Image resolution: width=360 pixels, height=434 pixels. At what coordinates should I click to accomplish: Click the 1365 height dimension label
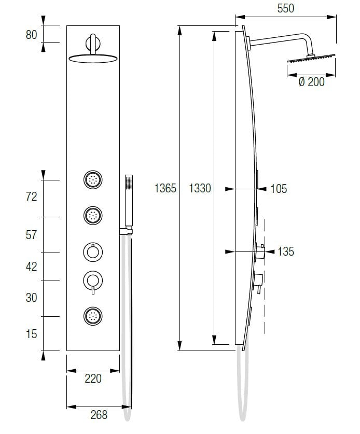pyautogui.click(x=165, y=189)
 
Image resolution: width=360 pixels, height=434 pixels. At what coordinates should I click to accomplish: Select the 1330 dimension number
pyautogui.click(x=200, y=189)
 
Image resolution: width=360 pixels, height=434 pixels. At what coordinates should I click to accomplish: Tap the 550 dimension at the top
pyautogui.click(x=286, y=8)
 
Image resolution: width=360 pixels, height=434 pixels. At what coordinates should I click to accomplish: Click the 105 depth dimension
pyautogui.click(x=279, y=189)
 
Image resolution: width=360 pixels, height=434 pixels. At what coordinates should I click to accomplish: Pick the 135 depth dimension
pyautogui.click(x=286, y=252)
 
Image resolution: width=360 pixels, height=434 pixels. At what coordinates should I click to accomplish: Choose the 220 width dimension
pyautogui.click(x=93, y=379)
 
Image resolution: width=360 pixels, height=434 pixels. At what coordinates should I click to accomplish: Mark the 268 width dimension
pyautogui.click(x=99, y=415)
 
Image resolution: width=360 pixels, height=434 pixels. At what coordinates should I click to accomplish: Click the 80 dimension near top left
pyautogui.click(x=32, y=35)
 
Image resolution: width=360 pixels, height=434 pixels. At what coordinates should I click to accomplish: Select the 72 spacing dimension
pyautogui.click(x=32, y=197)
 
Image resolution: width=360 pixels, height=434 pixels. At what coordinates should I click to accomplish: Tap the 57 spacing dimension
pyautogui.click(x=32, y=235)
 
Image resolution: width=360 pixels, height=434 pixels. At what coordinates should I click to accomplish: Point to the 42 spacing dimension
pyautogui.click(x=32, y=267)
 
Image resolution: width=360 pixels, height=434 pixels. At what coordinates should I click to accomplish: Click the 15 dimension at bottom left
pyautogui.click(x=32, y=334)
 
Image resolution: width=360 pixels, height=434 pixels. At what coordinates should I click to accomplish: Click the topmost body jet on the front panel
pyautogui.click(x=93, y=180)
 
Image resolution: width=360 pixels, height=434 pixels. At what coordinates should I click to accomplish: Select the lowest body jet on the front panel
pyautogui.click(x=93, y=315)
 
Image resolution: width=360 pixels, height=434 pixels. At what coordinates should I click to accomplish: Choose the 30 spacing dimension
pyautogui.click(x=32, y=298)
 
